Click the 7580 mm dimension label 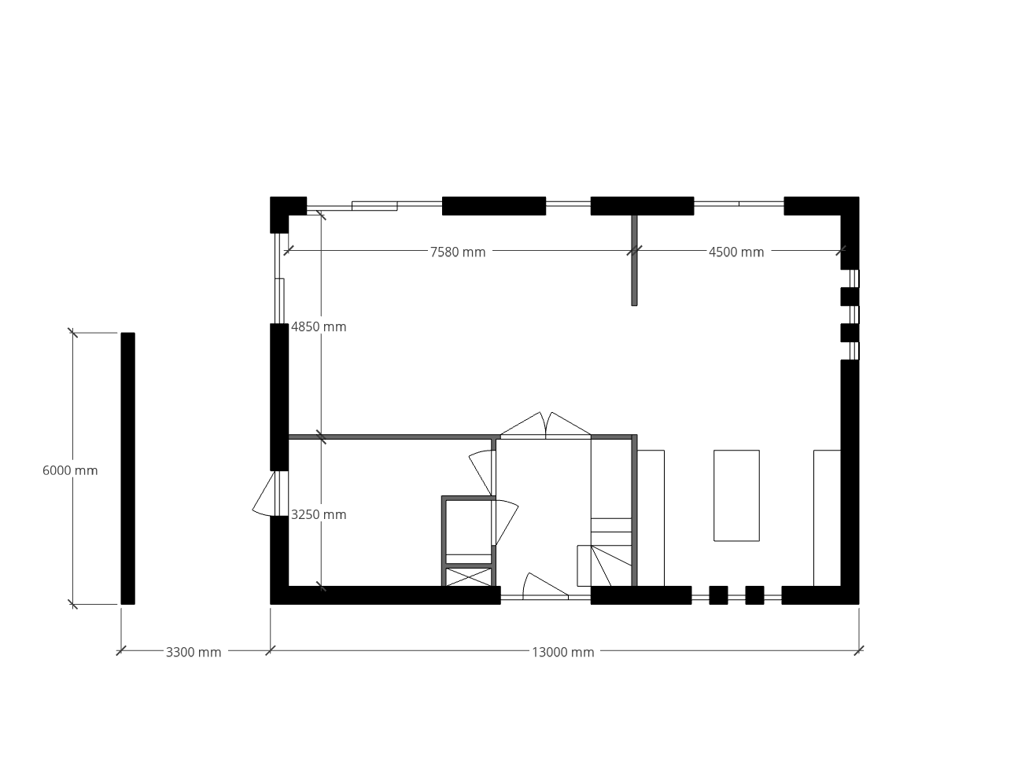(x=457, y=252)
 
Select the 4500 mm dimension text (x=736, y=252)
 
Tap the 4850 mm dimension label (x=319, y=327)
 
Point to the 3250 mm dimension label (x=319, y=514)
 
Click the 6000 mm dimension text (x=70, y=471)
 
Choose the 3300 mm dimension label (x=194, y=653)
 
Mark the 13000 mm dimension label (x=563, y=653)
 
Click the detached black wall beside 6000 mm (x=128, y=469)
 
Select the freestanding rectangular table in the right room (x=737, y=495)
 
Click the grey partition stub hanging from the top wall (x=635, y=260)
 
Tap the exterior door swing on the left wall (x=264, y=494)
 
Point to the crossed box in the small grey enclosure (x=469, y=577)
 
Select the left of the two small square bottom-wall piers (x=718, y=595)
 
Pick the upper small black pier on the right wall (x=850, y=296)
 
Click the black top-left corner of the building (x=279, y=206)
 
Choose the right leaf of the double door (x=569, y=424)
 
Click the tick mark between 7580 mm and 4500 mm (x=635, y=251)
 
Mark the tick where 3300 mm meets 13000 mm (x=271, y=650)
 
